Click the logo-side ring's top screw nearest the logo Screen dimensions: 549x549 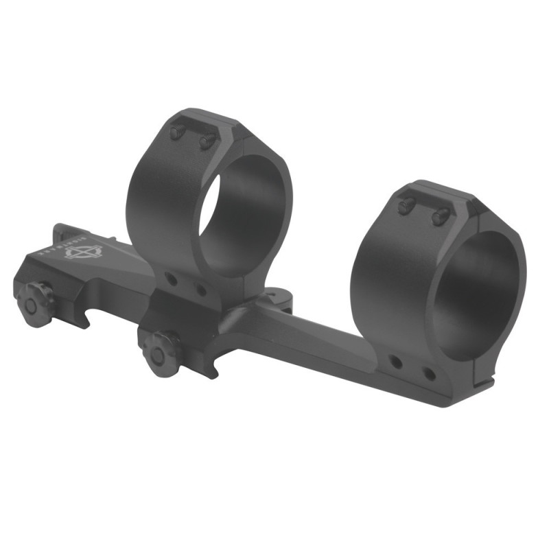[x=177, y=132]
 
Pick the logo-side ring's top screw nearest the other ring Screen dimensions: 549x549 [x=207, y=141]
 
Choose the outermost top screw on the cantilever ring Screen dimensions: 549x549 [x=439, y=216]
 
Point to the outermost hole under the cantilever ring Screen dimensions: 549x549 [x=429, y=374]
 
